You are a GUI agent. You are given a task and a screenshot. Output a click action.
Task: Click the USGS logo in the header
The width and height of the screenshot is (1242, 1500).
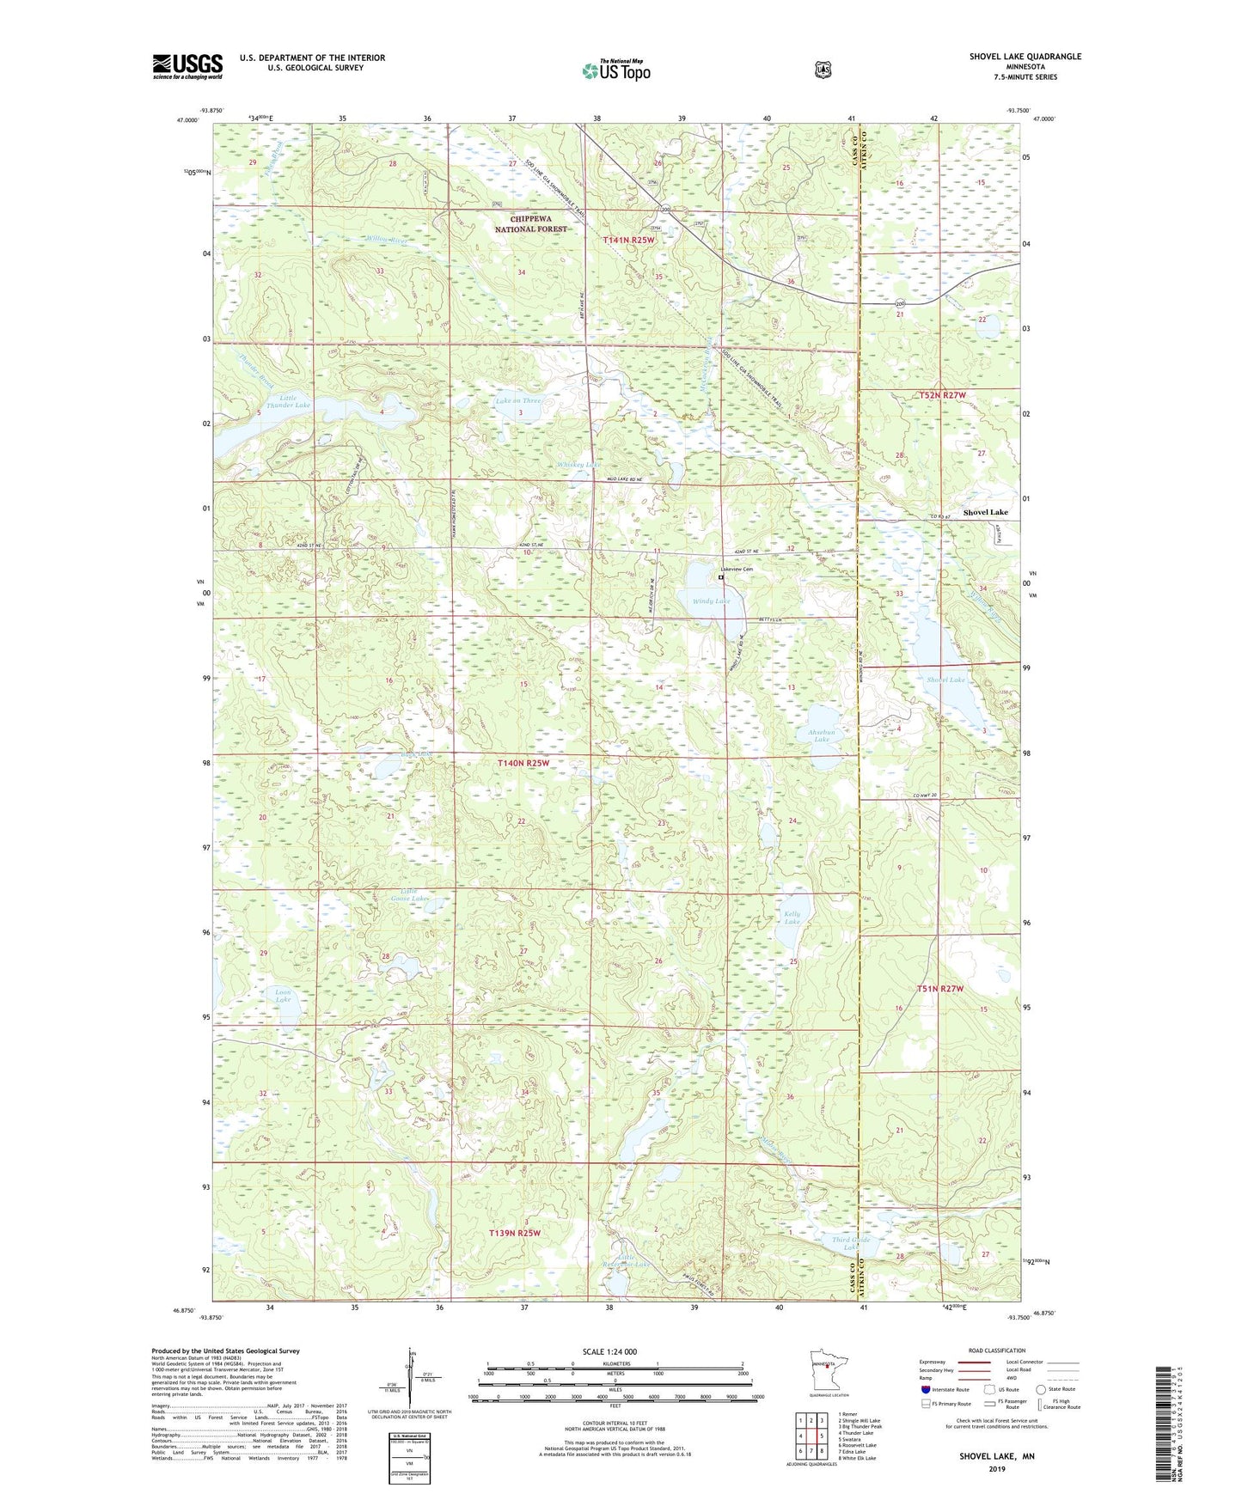click(x=187, y=66)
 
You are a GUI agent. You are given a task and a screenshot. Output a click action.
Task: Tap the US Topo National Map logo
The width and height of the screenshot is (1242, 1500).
click(x=615, y=70)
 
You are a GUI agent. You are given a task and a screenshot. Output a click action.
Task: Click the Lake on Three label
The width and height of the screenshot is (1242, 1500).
click(x=518, y=401)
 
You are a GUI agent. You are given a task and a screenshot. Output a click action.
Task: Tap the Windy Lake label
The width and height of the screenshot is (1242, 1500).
click(x=711, y=601)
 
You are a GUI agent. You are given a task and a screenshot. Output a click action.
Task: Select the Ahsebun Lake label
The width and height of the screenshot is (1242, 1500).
click(x=821, y=735)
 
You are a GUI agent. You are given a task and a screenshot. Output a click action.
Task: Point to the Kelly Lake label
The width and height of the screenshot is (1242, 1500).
click(x=792, y=918)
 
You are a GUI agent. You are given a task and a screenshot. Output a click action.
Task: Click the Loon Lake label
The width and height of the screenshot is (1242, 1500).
click(x=283, y=996)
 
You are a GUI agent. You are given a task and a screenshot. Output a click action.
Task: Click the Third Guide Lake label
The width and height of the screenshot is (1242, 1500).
click(x=851, y=1242)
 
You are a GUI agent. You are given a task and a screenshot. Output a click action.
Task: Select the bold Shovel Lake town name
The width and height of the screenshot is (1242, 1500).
click(x=985, y=512)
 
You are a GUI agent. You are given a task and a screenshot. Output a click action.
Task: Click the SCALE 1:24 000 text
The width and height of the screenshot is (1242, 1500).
click(x=609, y=1352)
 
